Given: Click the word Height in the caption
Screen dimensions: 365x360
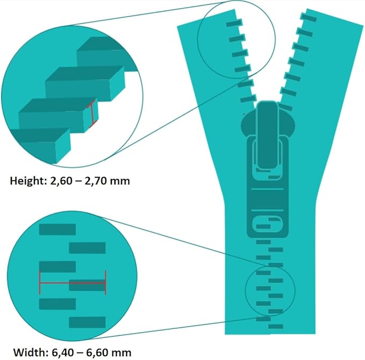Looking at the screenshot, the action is point(28,181).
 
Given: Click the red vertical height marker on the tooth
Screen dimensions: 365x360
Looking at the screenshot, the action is point(92,115).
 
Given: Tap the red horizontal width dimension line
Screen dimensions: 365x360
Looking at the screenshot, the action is point(73,283).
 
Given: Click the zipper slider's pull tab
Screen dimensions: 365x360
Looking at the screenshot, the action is point(268,135).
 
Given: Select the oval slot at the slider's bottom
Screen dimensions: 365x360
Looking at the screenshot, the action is point(268,224).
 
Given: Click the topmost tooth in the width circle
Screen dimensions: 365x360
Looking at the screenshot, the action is point(58,229).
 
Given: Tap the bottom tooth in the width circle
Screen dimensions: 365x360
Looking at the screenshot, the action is point(87,322).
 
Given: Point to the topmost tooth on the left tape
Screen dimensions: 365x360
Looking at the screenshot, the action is point(234,23).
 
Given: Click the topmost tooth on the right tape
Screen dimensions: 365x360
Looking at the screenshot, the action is point(309,17).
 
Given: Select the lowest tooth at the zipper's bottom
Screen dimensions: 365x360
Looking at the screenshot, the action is point(276,327).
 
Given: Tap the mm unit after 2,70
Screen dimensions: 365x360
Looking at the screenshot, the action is point(120,181).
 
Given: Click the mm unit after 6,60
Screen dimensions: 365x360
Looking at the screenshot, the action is point(121,353).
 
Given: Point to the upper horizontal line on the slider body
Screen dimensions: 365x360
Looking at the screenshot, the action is point(268,189).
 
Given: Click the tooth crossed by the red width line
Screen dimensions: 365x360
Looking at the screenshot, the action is point(87,285).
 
